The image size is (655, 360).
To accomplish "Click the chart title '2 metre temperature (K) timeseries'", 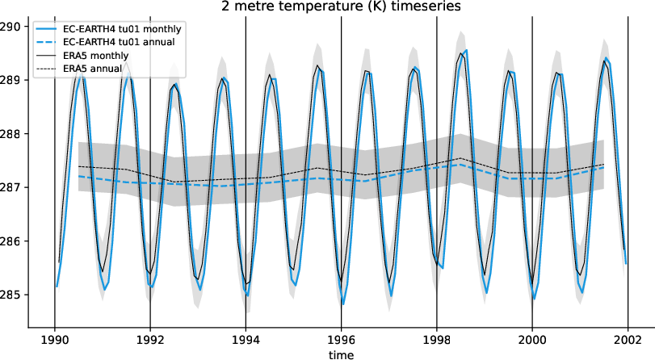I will [x=327, y=6].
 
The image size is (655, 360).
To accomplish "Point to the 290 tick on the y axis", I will [x=11, y=26].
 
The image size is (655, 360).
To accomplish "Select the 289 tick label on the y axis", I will [x=11, y=80].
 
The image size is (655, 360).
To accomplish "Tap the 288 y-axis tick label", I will [x=11, y=133].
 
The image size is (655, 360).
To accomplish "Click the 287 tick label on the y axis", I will [x=11, y=187].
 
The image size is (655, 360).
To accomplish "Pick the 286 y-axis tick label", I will [x=11, y=241].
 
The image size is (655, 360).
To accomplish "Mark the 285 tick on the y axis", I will [x=11, y=295].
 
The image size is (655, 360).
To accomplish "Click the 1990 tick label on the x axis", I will [x=54, y=340].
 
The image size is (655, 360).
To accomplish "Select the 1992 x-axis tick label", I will [x=150, y=340].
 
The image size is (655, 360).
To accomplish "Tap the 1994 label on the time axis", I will [x=246, y=340].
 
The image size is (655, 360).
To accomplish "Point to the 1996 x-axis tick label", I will [x=341, y=340].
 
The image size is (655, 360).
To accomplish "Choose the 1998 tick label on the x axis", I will [x=436, y=340].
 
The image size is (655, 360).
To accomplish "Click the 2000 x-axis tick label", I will [x=532, y=340].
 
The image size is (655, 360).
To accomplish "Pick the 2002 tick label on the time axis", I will [x=628, y=340].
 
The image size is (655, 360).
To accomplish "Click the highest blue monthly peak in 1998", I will [x=466, y=50].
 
